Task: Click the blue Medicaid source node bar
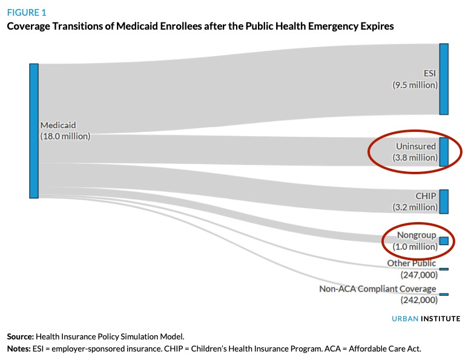click(34, 131)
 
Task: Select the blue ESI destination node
click(444, 79)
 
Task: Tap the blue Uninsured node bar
click(444, 152)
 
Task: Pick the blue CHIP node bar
click(444, 201)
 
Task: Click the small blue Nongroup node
click(444, 241)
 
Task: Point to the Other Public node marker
click(444, 269)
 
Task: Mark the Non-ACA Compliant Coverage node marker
click(444, 295)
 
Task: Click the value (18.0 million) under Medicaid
click(65, 137)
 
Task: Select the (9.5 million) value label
click(414, 85)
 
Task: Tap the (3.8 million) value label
click(414, 158)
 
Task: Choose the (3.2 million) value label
click(414, 208)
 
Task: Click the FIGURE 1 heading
click(26, 12)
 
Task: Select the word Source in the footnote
click(21, 336)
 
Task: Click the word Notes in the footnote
click(19, 349)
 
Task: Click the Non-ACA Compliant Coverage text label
click(378, 289)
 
